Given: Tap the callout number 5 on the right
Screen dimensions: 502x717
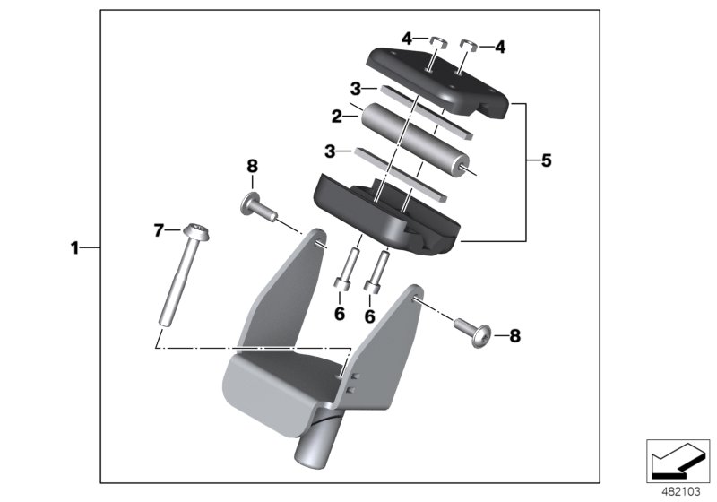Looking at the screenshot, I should tap(546, 161).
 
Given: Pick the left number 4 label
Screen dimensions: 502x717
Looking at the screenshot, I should tap(407, 39).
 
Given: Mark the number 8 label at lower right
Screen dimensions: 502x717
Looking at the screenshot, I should tap(514, 336).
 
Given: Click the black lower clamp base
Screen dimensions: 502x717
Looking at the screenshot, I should tap(385, 215).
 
